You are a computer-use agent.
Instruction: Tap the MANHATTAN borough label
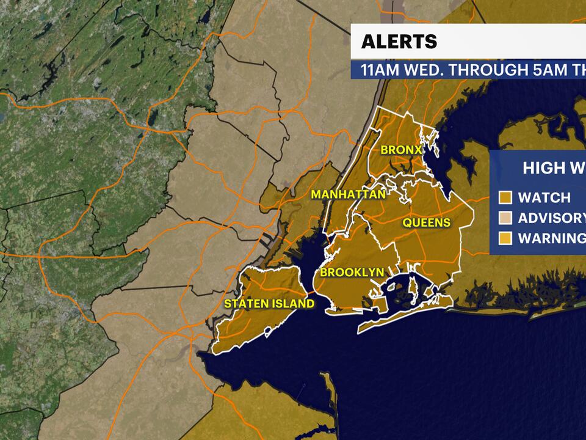pyautogui.click(x=348, y=195)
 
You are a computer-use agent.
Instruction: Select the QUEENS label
pyautogui.click(x=426, y=223)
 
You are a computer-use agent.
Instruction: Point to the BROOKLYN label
pyautogui.click(x=352, y=273)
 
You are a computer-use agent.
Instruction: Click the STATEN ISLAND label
pyautogui.click(x=269, y=304)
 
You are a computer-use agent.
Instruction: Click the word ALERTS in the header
pyautogui.click(x=399, y=42)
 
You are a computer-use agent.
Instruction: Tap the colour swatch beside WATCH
pyautogui.click(x=505, y=197)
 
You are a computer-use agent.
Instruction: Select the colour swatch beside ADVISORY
pyautogui.click(x=505, y=218)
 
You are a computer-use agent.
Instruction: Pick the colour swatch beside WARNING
pyautogui.click(x=505, y=238)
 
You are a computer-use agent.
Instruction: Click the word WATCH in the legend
pyautogui.click(x=544, y=197)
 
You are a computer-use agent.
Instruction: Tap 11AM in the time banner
pyautogui.click(x=382, y=70)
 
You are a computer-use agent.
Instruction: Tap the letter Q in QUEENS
pyautogui.click(x=407, y=223)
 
